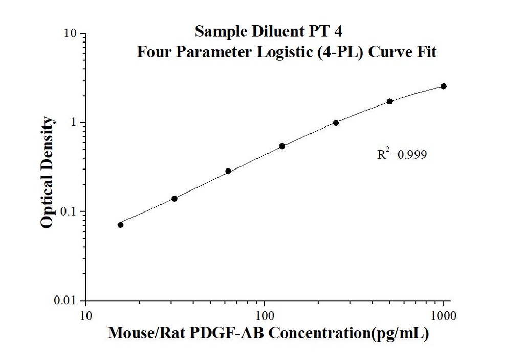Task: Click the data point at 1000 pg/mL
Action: click(x=443, y=86)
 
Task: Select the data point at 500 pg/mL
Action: click(x=389, y=101)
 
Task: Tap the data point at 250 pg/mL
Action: click(x=336, y=123)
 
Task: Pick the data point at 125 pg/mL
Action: click(x=282, y=146)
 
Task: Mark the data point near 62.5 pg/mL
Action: click(x=228, y=171)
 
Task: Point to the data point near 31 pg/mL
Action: click(x=174, y=199)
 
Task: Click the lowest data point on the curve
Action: click(x=120, y=225)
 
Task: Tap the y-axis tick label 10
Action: click(x=71, y=34)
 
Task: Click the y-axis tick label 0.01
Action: click(x=67, y=301)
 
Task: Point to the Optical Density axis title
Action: click(x=47, y=172)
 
